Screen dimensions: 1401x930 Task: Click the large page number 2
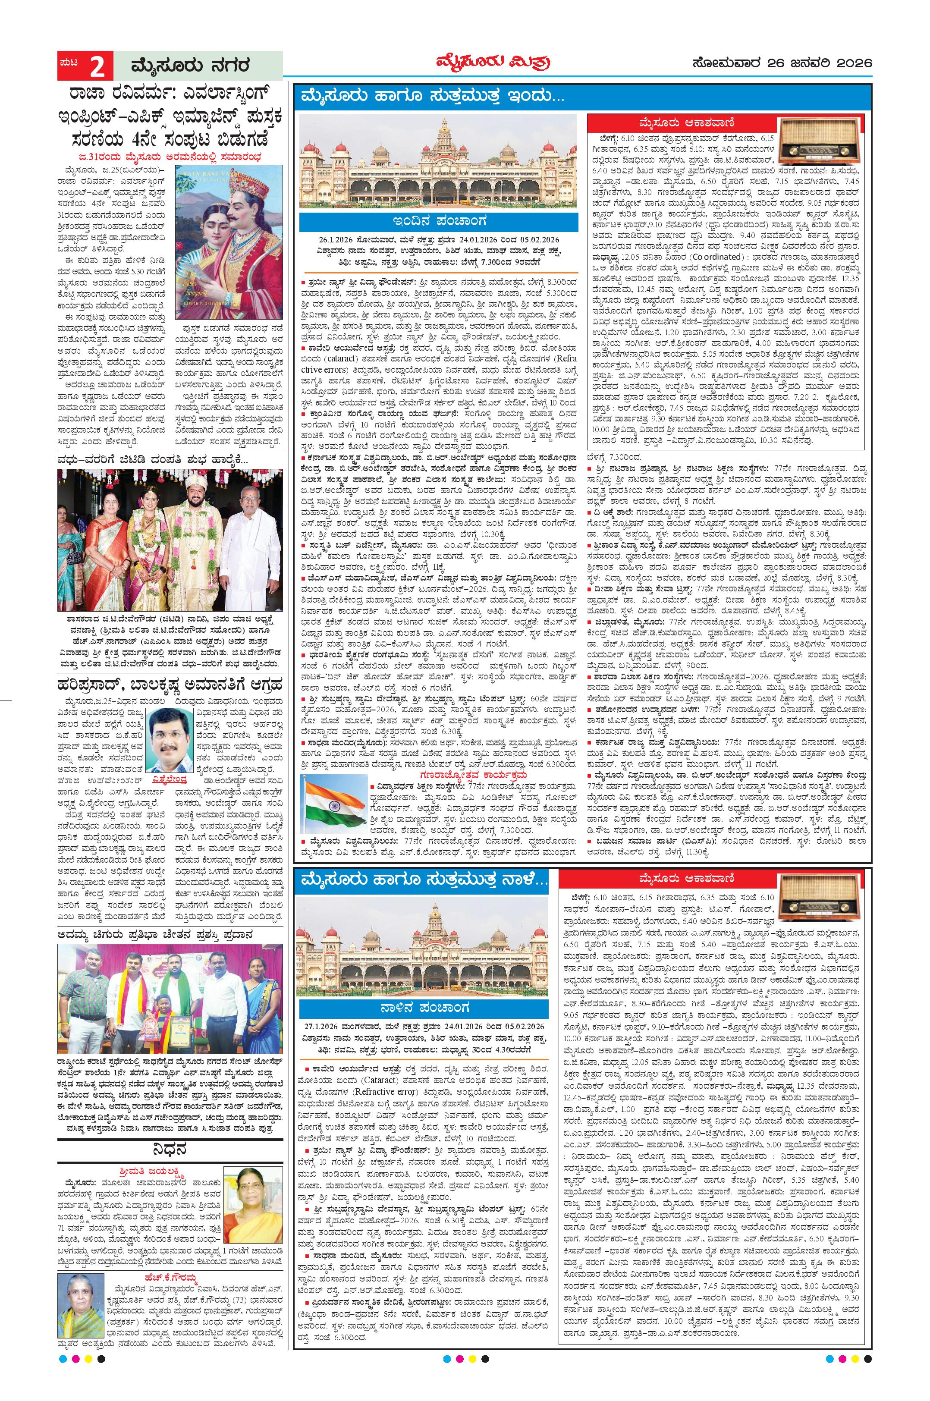pyautogui.click(x=97, y=66)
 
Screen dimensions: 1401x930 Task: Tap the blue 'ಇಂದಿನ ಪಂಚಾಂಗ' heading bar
pyautogui.click(x=438, y=222)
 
